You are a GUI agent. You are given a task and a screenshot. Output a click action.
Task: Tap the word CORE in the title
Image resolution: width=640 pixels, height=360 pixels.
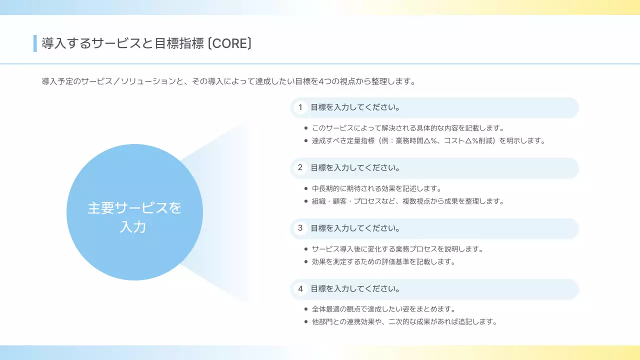[x=229, y=43]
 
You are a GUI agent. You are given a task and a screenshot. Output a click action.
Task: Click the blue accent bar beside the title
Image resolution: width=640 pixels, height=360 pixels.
[x=35, y=43]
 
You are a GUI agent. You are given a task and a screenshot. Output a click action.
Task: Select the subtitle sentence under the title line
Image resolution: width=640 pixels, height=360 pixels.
[x=228, y=81]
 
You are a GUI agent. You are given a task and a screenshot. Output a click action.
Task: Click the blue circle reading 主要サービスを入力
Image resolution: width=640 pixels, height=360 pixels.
[x=134, y=212]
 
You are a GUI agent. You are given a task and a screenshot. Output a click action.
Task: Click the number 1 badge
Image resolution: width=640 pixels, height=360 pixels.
[x=300, y=107]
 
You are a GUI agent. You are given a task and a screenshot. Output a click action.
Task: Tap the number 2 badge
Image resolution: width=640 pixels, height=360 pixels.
[x=300, y=168]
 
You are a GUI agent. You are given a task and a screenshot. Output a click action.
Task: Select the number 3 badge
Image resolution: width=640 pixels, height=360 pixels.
[x=300, y=228]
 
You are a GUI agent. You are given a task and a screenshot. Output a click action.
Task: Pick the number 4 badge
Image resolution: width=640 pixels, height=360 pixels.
[x=300, y=289]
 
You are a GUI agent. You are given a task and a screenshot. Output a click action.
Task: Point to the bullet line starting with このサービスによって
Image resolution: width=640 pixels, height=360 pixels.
[x=407, y=128]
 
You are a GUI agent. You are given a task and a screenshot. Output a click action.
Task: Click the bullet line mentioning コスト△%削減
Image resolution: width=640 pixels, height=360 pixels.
[x=428, y=140]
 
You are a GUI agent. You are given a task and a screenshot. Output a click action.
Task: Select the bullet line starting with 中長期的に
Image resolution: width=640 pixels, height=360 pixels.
[x=376, y=188]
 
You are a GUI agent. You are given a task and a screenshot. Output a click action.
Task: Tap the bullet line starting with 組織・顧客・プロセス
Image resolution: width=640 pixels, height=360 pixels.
[x=407, y=201]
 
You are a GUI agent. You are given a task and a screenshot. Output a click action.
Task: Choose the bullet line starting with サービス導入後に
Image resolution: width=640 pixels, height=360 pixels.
[x=397, y=249]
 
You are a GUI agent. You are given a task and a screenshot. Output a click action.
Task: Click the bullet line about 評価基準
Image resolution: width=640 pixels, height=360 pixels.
[x=383, y=261]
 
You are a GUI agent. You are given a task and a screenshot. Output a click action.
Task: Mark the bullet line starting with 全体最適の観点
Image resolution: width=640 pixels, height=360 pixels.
[x=383, y=309]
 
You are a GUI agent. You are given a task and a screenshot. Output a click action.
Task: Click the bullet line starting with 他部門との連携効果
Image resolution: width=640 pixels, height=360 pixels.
[x=404, y=321]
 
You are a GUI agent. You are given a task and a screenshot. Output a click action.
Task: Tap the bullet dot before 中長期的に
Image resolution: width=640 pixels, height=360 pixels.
[x=305, y=188]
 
